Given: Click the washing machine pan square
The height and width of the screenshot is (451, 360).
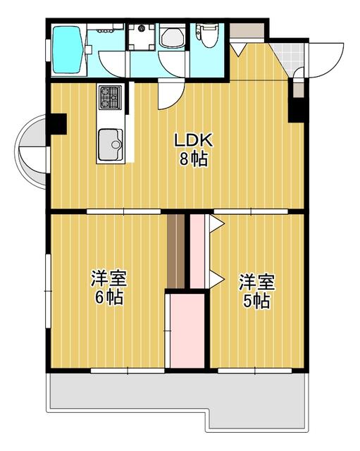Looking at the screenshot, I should coord(142,36).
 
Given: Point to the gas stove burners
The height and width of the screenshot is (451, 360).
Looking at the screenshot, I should coord(111,97).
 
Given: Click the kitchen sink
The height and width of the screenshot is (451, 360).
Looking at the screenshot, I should coord(110,145).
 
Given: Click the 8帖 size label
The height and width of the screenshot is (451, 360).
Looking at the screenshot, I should coord(192,159).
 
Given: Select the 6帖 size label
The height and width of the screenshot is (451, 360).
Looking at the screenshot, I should coord(108,297).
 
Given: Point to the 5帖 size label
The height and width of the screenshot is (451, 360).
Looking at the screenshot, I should coord(254,301).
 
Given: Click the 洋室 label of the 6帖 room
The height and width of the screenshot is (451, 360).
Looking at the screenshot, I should coord(108,278).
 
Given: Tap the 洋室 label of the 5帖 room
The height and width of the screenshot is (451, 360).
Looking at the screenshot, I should coord(255,282).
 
